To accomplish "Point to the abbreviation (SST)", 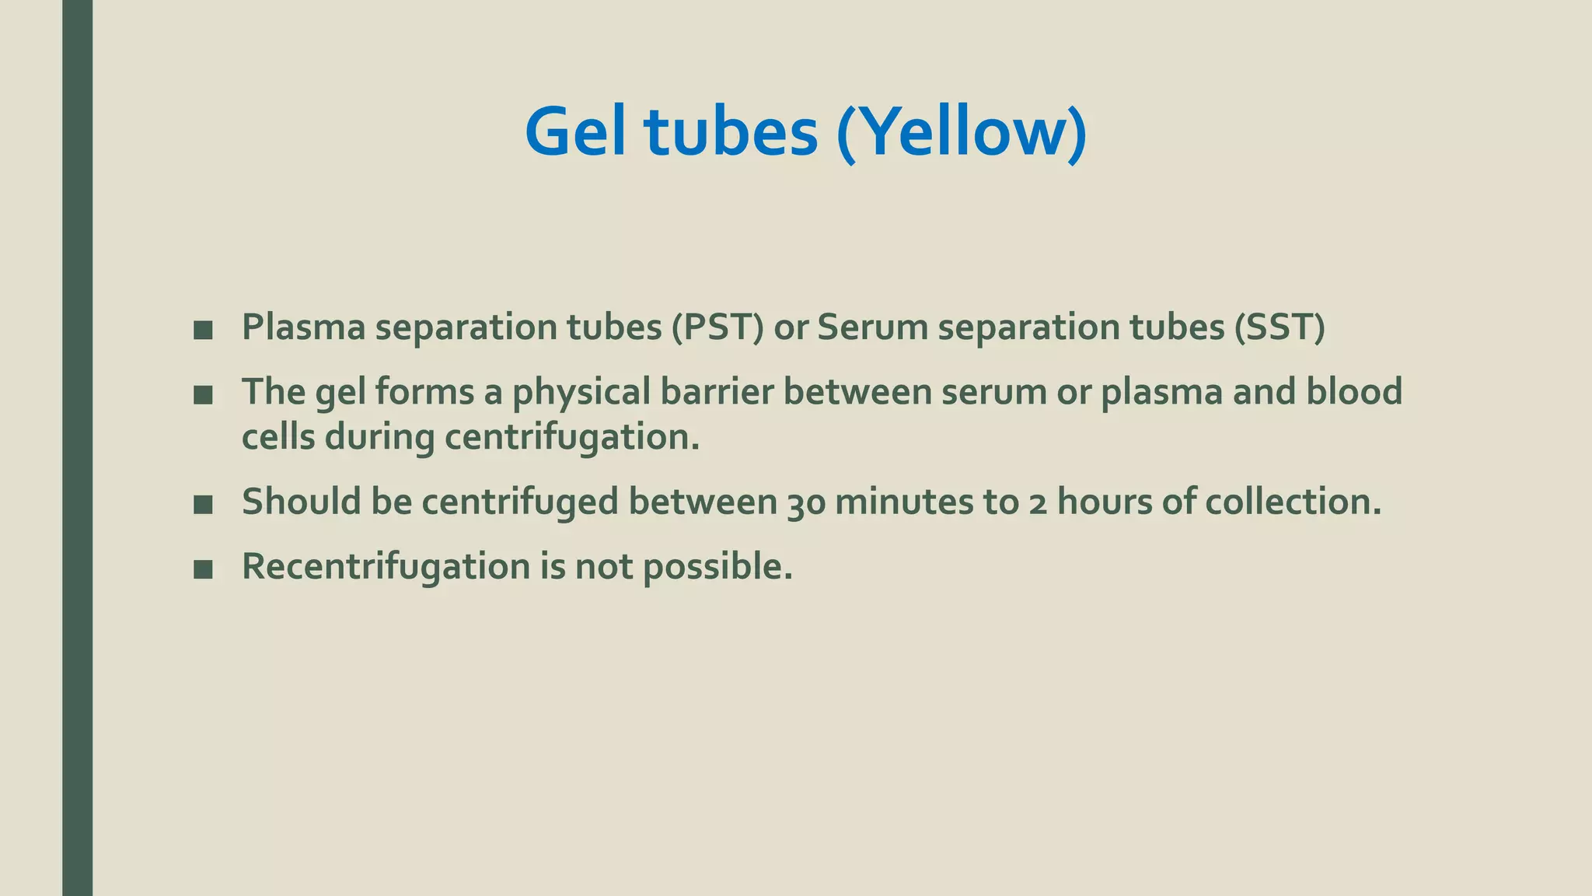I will [1280, 327].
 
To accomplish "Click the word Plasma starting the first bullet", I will [303, 327].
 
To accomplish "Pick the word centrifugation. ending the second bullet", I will [572, 438].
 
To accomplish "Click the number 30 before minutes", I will [806, 502].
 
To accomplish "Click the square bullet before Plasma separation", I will [203, 330].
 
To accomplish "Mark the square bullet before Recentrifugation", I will [203, 569].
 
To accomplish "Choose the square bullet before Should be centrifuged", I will [203, 505].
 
